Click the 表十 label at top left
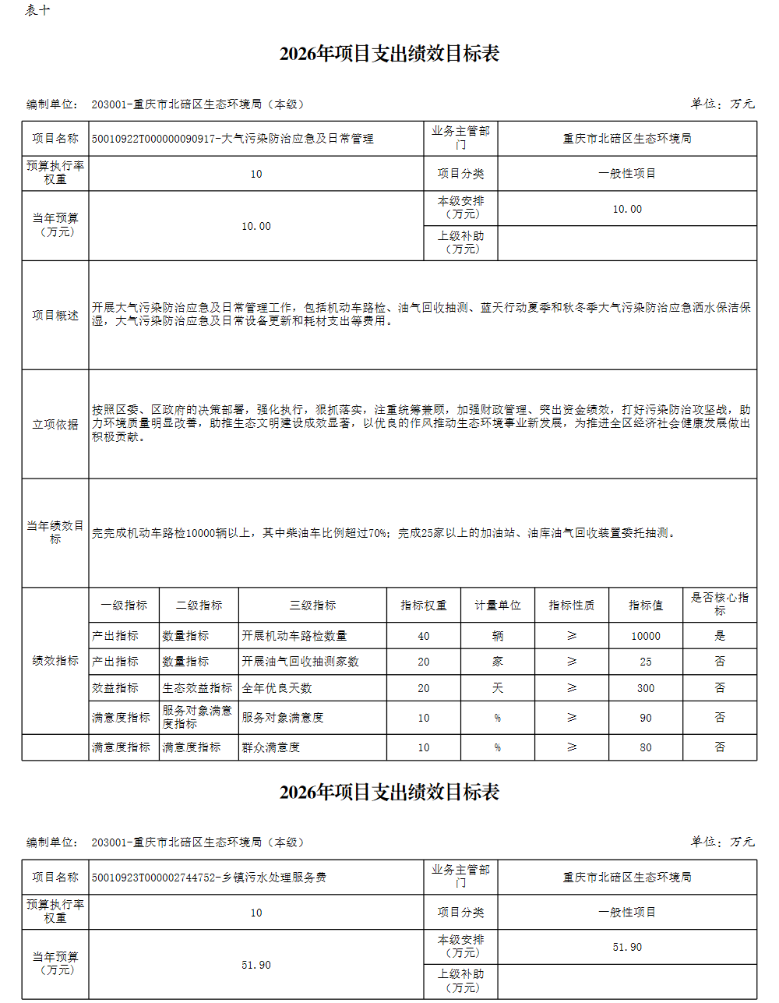(x=37, y=10)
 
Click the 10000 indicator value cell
(x=645, y=636)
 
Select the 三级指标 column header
(x=312, y=606)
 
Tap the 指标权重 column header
(x=423, y=606)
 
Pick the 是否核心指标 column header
(x=719, y=604)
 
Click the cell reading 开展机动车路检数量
(x=294, y=636)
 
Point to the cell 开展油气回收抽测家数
(x=300, y=662)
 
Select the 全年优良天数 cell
(x=277, y=688)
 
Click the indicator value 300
(x=645, y=688)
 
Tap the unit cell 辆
(x=497, y=636)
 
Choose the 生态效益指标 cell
(x=197, y=688)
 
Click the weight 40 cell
(x=423, y=636)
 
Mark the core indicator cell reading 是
(x=719, y=636)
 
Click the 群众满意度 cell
(x=270, y=747)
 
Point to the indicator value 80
(x=645, y=747)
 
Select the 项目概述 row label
(x=55, y=315)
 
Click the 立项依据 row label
(x=55, y=424)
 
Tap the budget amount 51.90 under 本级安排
(x=627, y=947)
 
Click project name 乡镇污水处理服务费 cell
(x=209, y=878)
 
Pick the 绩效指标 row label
(x=55, y=661)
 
